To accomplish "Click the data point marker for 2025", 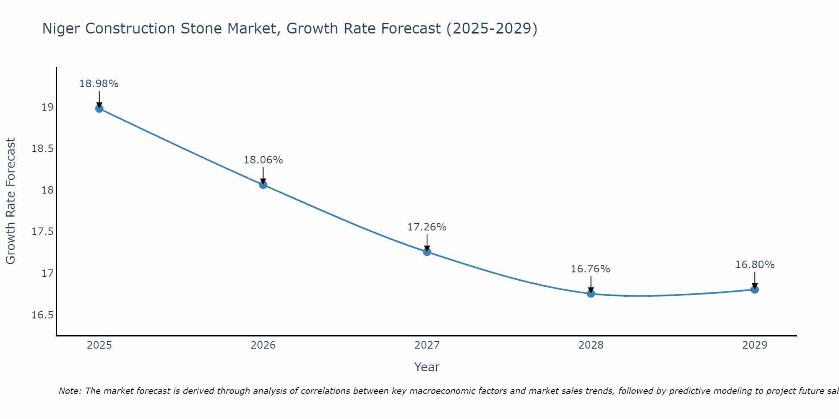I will coord(99,109).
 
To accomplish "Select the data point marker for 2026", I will coord(263,185).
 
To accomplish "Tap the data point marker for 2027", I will coord(427,252).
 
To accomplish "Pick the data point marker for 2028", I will coord(591,293).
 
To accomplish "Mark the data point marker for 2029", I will coord(755,290).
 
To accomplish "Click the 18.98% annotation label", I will coord(99,84).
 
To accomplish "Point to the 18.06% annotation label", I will coord(263,160).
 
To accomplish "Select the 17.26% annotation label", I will coord(427,227).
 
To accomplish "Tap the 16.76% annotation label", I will coord(591,269).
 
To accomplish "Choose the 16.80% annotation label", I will coord(755,265).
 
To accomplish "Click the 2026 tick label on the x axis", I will coord(263,345).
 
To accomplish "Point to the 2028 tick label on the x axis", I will coord(591,345).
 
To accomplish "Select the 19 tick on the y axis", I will coord(47,107).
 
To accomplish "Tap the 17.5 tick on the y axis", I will coord(43,232).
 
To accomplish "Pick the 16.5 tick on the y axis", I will coord(43,315).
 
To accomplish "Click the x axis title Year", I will coord(427,367).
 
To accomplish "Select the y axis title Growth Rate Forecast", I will coord(10,201).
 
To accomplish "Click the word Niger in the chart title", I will coord(61,29).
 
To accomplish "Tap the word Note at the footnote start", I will coord(70,391).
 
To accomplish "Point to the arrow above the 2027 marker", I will coord(427,242).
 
